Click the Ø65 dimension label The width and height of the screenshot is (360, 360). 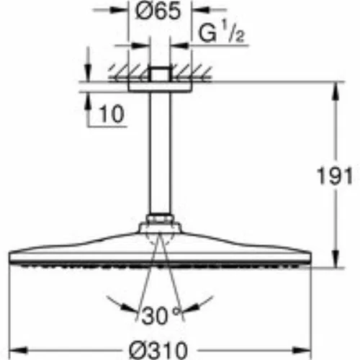(158, 11)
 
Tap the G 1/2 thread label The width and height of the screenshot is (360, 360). (221, 33)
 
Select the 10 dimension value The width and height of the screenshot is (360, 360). (112, 114)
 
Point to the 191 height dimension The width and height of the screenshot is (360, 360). (335, 176)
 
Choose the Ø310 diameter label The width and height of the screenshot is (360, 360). (158, 351)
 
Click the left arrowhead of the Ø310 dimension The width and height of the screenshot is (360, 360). (18, 350)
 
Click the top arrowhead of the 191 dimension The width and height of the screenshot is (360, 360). (336, 91)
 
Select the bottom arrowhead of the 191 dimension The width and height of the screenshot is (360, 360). (336, 258)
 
